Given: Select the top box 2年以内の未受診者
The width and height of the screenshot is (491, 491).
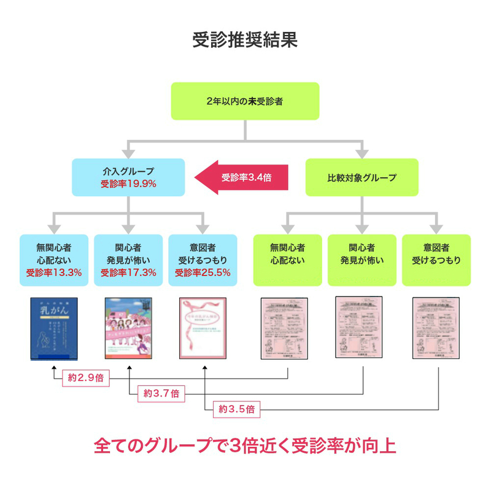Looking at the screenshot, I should (245, 101).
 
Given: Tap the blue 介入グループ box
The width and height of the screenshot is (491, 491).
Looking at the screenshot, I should (128, 177).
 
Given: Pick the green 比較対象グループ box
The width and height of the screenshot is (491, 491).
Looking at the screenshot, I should (362, 177).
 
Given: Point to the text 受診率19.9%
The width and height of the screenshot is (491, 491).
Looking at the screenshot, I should (128, 184).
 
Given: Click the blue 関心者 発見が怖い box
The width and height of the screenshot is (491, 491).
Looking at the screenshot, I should (128, 260).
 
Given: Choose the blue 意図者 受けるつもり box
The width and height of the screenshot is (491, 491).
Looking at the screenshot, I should (203, 260).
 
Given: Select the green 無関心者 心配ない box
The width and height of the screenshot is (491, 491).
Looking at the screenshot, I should (287, 260).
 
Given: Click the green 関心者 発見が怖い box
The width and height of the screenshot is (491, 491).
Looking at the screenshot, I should (362, 260).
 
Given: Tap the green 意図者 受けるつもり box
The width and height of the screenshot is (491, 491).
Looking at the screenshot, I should (436, 260).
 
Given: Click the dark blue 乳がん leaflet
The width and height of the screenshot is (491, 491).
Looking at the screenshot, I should (54, 329).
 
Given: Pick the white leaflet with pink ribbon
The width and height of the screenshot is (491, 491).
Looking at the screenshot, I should (203, 329).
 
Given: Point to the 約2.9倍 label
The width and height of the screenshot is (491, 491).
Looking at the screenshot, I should (86, 379).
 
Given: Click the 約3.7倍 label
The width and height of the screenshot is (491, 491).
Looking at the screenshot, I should (161, 393).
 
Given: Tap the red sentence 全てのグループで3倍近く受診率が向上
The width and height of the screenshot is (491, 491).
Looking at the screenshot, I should (245, 446).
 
